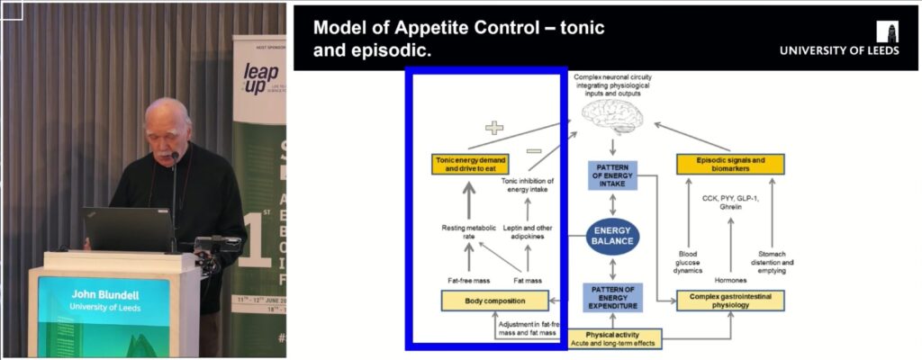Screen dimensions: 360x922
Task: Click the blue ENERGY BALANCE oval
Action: click(x=613, y=235)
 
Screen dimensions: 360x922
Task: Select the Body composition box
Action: click(x=494, y=301)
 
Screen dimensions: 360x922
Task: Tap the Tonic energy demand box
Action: click(x=471, y=164)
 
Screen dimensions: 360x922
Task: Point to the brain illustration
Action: click(x=613, y=114)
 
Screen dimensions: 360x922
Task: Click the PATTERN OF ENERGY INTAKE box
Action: click(x=613, y=175)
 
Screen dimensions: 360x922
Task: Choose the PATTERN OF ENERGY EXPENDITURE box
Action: click(x=613, y=296)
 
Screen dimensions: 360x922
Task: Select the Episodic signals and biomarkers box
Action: click(x=730, y=164)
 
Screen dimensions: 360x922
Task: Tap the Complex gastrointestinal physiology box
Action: click(x=730, y=301)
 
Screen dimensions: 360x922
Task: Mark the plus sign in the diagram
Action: click(x=494, y=127)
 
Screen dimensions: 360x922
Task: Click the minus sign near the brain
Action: click(x=533, y=150)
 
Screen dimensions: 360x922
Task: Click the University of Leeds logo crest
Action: click(x=890, y=31)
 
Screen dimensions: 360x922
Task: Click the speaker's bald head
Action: click(x=168, y=113)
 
